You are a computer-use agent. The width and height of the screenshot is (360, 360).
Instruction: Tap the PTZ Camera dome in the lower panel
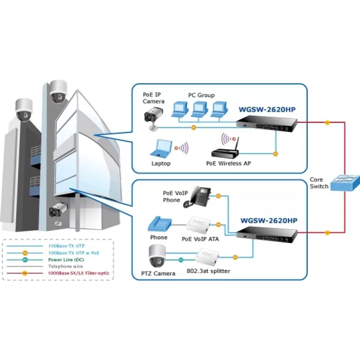pyautogui.click(x=157, y=256)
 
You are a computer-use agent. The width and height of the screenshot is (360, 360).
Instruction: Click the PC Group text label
pyautogui.click(x=201, y=95)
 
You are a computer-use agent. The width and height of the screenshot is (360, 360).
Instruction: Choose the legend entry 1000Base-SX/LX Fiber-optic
pyautogui.click(x=79, y=273)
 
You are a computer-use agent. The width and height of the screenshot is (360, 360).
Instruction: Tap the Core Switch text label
pyautogui.click(x=319, y=183)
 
